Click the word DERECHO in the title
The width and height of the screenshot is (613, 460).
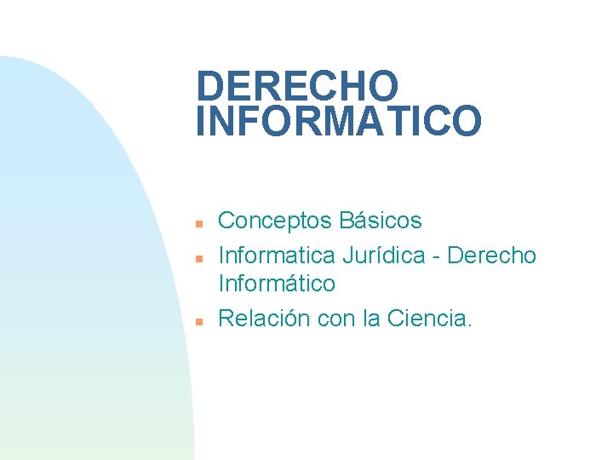pos(297,86)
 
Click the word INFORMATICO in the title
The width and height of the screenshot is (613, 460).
pos(338,121)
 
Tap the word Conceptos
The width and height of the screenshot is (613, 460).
pos(275,221)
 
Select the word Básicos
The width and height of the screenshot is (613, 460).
pos(381,221)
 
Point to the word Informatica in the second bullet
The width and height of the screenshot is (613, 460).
pos(277,255)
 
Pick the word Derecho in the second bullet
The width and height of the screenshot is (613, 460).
pos(492,255)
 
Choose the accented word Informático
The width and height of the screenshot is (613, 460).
pos(277,283)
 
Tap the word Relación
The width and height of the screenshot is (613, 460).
pos(264,319)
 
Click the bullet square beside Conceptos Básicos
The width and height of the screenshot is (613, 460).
pos(197,224)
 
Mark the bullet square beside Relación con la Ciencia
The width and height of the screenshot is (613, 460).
pos(197,322)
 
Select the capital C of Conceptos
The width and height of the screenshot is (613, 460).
pos(228,221)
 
